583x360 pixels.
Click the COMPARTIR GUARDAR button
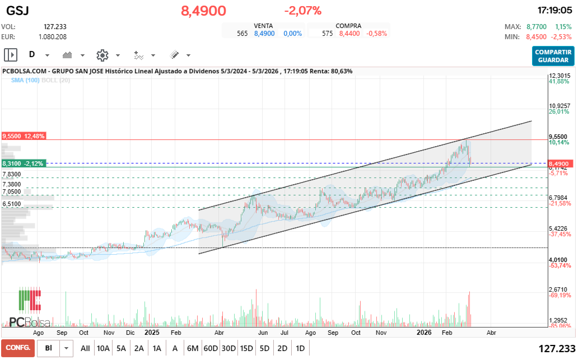(x=553, y=56)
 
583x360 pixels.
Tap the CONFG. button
(x=17, y=348)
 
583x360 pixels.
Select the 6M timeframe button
(x=193, y=348)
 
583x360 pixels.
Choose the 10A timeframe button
(x=103, y=348)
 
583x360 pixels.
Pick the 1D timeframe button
(x=300, y=348)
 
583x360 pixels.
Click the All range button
(x=85, y=348)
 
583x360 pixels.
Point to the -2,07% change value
(x=302, y=11)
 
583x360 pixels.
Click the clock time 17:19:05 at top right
(x=554, y=11)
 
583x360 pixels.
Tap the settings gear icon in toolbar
(x=102, y=55)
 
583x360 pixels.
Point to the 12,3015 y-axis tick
(x=559, y=76)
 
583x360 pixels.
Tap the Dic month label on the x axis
(x=130, y=331)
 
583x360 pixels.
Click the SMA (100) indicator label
(x=25, y=81)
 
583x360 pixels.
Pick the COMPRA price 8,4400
(x=349, y=34)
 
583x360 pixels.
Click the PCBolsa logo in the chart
(x=30, y=308)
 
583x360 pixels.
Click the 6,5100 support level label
(x=11, y=204)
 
